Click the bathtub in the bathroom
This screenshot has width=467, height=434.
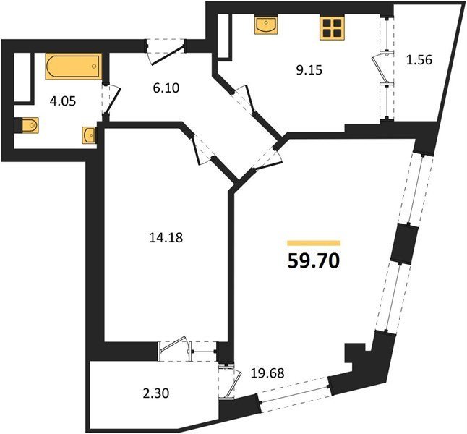[74, 67]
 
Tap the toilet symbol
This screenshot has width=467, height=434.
[27, 125]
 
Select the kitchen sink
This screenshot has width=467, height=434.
[266, 26]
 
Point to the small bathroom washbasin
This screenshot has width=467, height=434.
[89, 136]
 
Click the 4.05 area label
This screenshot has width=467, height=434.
[63, 102]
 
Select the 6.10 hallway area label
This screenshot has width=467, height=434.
[166, 88]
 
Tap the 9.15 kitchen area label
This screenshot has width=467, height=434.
[309, 70]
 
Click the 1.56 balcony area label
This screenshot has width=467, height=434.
[419, 60]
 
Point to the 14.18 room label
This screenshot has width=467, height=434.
[166, 238]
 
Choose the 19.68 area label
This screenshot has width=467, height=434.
[267, 373]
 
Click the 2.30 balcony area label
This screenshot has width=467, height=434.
[156, 393]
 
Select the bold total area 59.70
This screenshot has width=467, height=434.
[314, 261]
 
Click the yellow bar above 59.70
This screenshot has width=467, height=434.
[314, 243]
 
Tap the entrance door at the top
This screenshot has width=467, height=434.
[166, 51]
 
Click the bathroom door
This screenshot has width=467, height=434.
[111, 100]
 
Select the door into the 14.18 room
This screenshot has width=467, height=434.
[201, 149]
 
